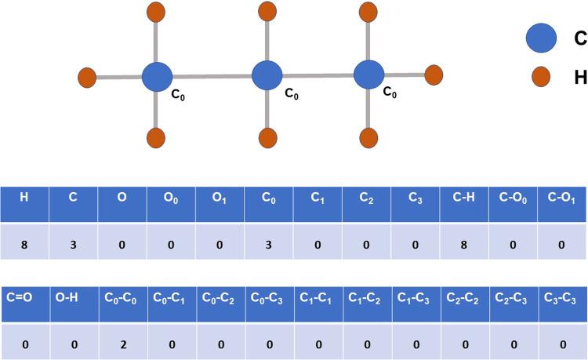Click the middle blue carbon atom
coord(268,76)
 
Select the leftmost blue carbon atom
coord(157,77)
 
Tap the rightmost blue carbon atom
coord(368,75)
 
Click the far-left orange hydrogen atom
coord(87,78)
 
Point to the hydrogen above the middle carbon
coord(268,13)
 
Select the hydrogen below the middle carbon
coord(268,138)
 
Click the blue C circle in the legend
coord(540,38)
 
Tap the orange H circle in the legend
coord(540,77)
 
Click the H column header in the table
coord(24,198)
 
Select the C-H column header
coord(464,198)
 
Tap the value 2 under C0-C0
coord(122,344)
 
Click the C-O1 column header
coord(562,198)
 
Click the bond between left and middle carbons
coord(212,77)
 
